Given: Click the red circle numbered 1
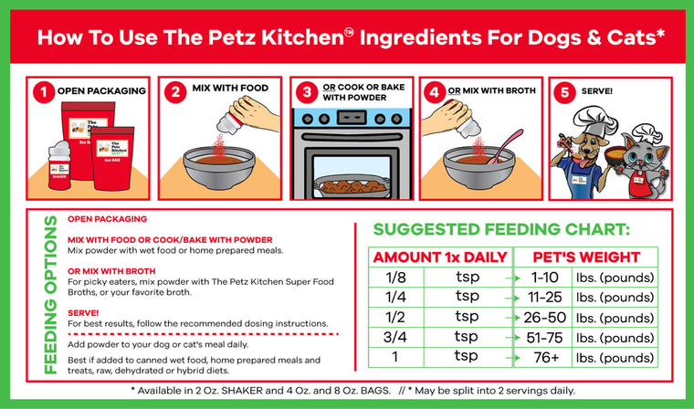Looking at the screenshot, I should point(41,91).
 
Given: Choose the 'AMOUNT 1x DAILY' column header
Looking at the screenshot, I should point(437,257).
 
